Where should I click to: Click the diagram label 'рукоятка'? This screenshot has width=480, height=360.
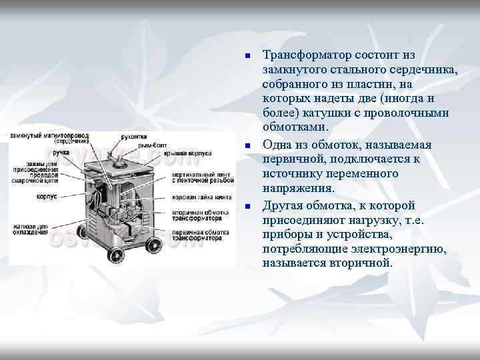pos(135,137)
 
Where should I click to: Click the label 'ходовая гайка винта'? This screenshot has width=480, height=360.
pos(201,197)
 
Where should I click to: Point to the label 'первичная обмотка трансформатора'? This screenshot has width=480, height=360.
pos(200,234)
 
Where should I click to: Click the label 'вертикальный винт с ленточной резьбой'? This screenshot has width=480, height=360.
pos(202,177)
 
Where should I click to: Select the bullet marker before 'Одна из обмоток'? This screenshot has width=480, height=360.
pos(247,145)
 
